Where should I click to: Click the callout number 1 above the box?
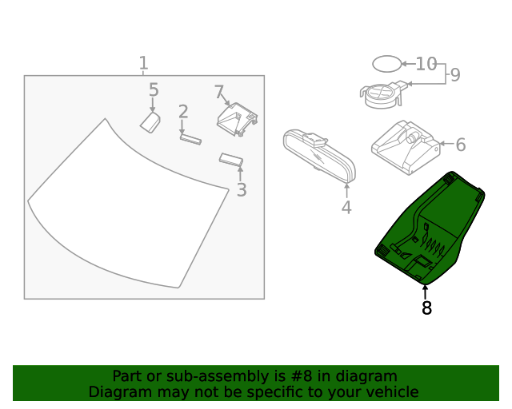click(143, 63)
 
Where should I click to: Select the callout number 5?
click(154, 90)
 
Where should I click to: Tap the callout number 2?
click(183, 111)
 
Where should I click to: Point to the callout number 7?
click(219, 93)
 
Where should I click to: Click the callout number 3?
click(241, 190)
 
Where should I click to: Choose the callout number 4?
click(346, 208)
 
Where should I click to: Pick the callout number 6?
click(460, 145)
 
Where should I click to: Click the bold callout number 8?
click(426, 308)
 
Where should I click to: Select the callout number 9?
click(455, 75)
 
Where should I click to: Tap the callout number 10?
click(426, 63)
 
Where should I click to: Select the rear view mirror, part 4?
click(318, 154)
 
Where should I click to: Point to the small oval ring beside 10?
click(386, 63)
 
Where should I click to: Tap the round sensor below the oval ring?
click(383, 93)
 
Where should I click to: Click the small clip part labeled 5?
click(150, 121)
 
